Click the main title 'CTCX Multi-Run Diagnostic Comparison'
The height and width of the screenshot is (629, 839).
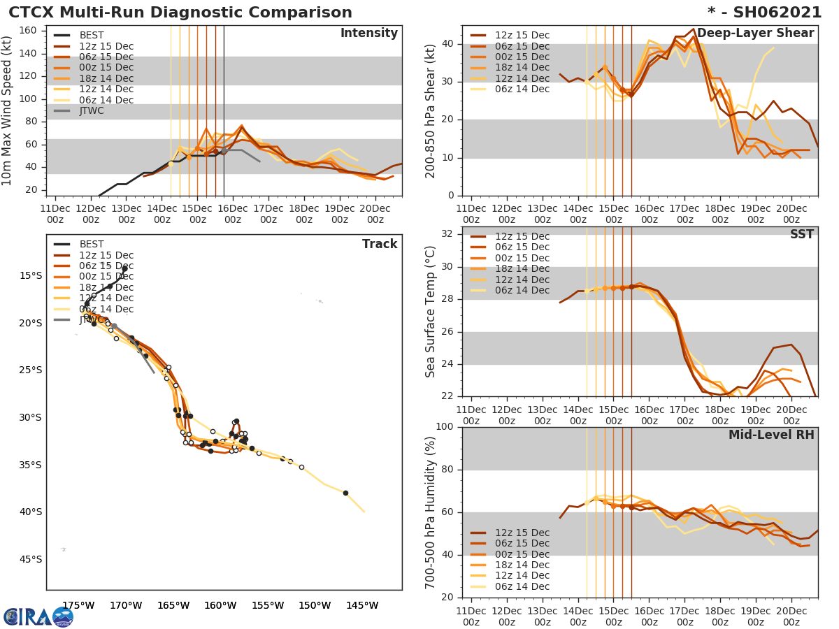tap(180, 13)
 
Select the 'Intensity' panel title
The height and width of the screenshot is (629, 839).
tap(368, 34)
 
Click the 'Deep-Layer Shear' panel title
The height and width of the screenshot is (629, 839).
tap(755, 34)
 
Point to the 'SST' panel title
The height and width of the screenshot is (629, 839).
tap(801, 235)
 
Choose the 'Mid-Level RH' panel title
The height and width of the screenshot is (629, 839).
tap(771, 435)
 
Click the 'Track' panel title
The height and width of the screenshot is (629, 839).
tap(380, 245)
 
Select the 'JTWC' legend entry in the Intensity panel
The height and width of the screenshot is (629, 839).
tap(92, 110)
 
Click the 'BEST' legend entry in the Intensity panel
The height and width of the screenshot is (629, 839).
tap(92, 35)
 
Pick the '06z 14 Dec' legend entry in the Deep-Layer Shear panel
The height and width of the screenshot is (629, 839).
tap(522, 89)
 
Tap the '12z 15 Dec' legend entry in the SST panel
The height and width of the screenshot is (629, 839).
tap(522, 236)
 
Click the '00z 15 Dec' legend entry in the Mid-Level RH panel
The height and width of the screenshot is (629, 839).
tap(522, 554)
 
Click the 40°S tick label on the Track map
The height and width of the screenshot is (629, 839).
tap(31, 512)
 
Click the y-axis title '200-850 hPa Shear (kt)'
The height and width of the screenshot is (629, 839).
tap(431, 110)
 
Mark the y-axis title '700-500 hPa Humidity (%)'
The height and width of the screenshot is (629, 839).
tap(431, 512)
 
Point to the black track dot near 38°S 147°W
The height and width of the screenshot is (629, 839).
tap(345, 493)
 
